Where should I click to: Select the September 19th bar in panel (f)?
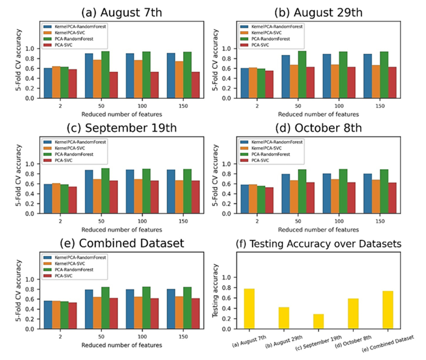pos(319,321)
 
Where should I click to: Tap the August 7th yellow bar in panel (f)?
pos(249,309)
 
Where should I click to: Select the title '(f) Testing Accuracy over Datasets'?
pos(319,244)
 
